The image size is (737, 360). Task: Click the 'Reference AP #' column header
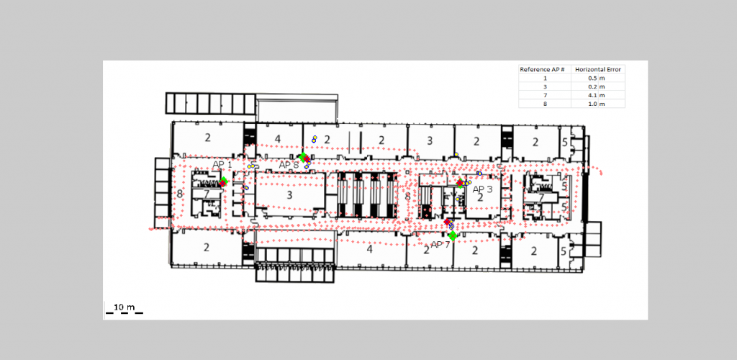click(x=542, y=70)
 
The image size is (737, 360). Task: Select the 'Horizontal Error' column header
click(x=598, y=70)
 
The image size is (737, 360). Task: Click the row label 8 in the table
click(x=546, y=104)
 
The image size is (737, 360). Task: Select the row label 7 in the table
click(x=546, y=96)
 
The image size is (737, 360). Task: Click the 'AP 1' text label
click(x=222, y=164)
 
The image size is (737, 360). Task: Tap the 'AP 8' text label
click(x=289, y=165)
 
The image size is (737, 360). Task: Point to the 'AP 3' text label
click(x=482, y=189)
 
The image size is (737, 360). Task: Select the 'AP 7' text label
click(x=440, y=244)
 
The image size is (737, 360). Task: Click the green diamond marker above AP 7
click(x=453, y=235)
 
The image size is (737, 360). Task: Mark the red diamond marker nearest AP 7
click(x=447, y=221)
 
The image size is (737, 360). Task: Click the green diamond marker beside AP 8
click(x=303, y=156)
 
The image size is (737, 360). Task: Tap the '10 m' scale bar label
click(x=124, y=307)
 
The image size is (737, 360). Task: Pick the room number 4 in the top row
click(x=278, y=139)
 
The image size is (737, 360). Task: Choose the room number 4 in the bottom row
click(x=369, y=249)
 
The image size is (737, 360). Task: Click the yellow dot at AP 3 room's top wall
click(x=456, y=155)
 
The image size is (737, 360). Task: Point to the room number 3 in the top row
click(x=430, y=140)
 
